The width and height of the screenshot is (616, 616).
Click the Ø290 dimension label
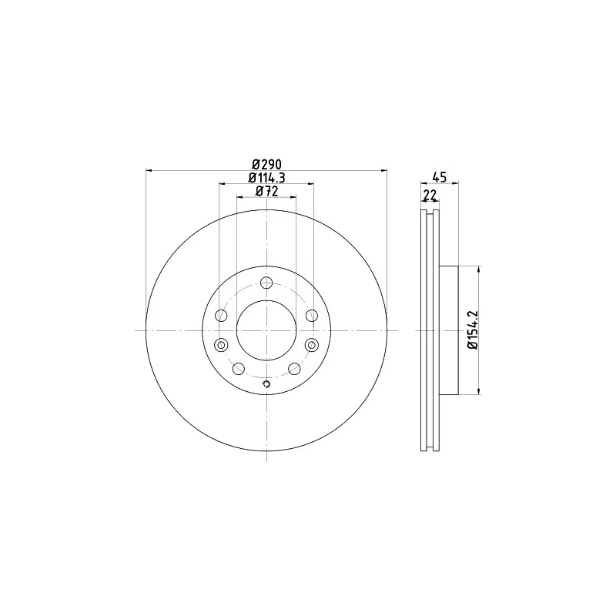click(x=266, y=164)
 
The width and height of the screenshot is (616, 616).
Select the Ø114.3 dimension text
click(x=266, y=178)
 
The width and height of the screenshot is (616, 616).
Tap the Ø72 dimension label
click(x=266, y=191)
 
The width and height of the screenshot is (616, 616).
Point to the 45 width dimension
click(x=440, y=178)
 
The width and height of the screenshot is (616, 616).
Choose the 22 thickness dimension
click(x=430, y=195)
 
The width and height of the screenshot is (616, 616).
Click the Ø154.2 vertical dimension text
click(x=473, y=330)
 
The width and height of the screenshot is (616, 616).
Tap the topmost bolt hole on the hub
click(x=266, y=283)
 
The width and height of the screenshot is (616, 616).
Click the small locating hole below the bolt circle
click(x=266, y=383)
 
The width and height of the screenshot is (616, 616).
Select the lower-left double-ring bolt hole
click(x=221, y=345)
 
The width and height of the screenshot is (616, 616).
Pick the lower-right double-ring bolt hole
click(x=312, y=345)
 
